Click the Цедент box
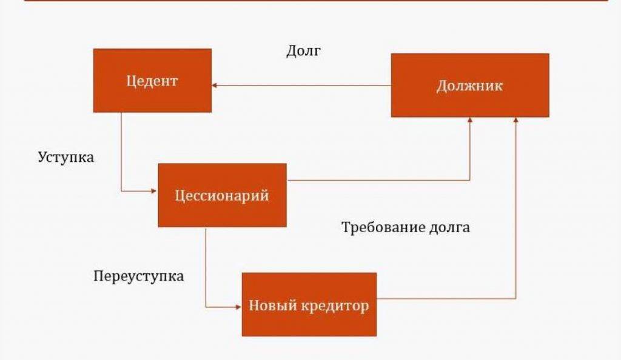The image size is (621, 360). (x=152, y=81)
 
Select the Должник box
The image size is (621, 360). (x=469, y=85)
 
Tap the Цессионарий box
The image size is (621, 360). (x=222, y=195)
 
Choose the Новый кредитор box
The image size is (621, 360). (x=309, y=304)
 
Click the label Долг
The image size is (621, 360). (x=303, y=51)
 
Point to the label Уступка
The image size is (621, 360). (x=66, y=157)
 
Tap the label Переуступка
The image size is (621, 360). (x=139, y=276)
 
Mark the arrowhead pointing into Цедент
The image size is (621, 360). (x=215, y=85)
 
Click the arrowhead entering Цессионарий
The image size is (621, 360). (x=154, y=191)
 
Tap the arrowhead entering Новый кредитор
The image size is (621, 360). (x=238, y=307)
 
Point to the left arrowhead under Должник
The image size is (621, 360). (x=470, y=121)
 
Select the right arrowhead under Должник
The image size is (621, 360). (x=516, y=121)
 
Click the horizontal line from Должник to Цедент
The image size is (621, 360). (x=303, y=85)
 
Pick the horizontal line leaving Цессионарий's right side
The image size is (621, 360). (x=376, y=180)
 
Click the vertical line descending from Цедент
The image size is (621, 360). (x=121, y=152)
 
